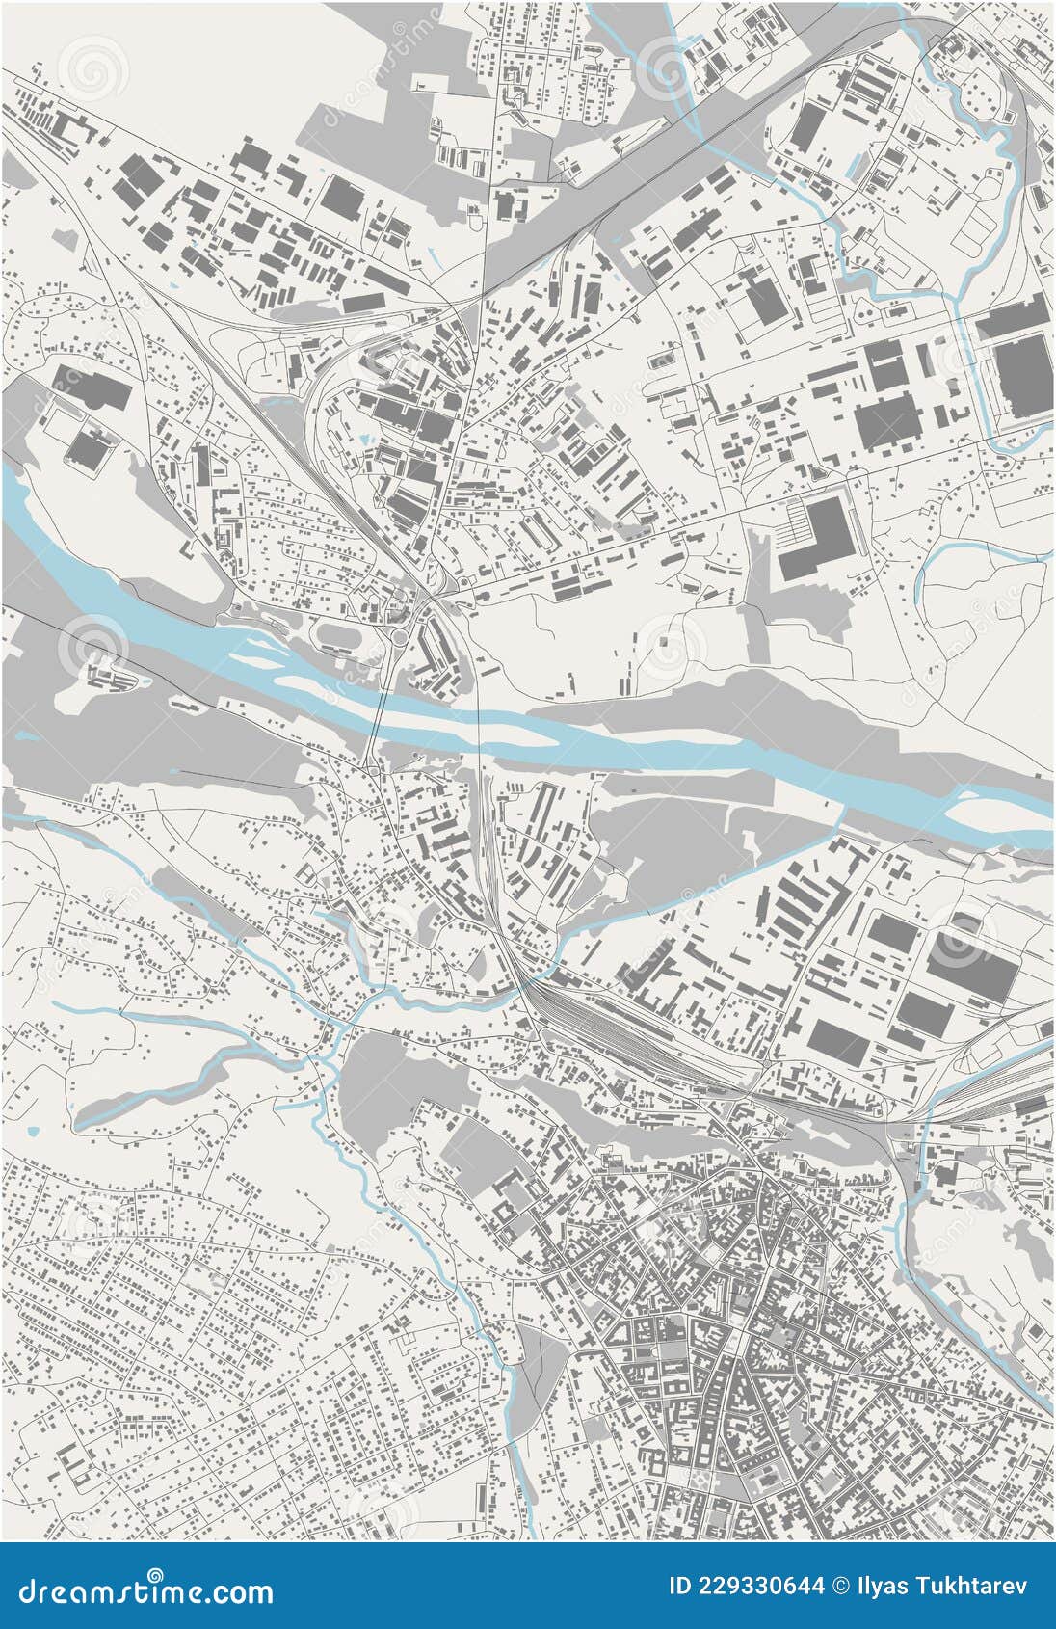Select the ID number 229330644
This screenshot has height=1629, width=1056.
pyautogui.click(x=761, y=1586)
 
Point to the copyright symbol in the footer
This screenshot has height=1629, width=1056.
pyautogui.click(x=841, y=1586)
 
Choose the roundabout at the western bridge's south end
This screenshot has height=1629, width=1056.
pyautogui.click(x=372, y=768)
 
